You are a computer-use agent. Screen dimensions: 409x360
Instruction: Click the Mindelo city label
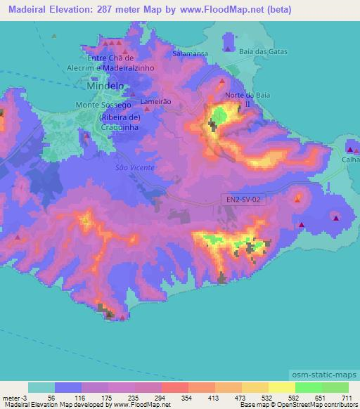[x=103, y=85]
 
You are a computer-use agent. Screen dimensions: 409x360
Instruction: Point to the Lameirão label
[x=155, y=101]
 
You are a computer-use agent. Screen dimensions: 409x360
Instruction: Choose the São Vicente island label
[x=130, y=169]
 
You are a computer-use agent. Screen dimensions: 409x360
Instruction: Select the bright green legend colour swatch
[x=308, y=387]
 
